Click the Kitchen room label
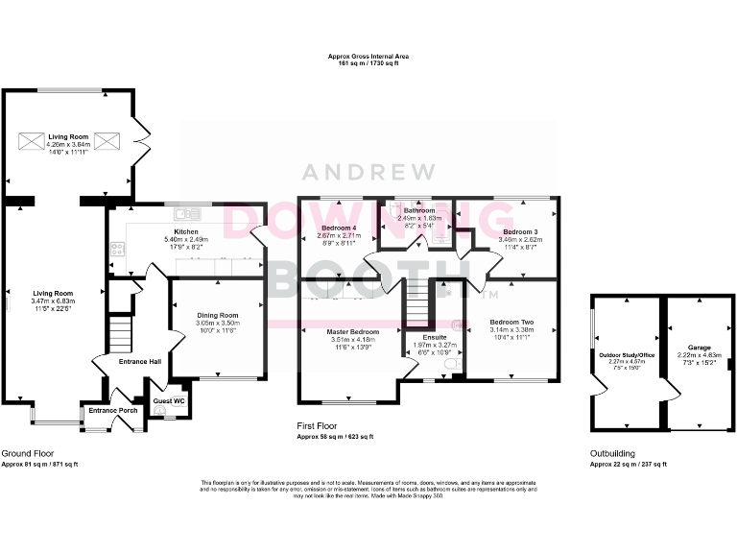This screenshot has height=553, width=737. click(x=186, y=231)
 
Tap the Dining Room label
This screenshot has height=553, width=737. click(x=217, y=315)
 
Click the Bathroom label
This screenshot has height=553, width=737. click(x=418, y=210)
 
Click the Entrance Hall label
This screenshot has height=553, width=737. click(x=140, y=362)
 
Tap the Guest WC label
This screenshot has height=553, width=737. click(x=169, y=399)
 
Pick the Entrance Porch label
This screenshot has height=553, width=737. click(x=112, y=411)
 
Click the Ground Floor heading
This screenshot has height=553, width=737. click(x=27, y=453)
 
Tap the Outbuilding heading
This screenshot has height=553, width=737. click(x=612, y=453)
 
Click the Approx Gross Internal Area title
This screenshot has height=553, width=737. click(x=368, y=58)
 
